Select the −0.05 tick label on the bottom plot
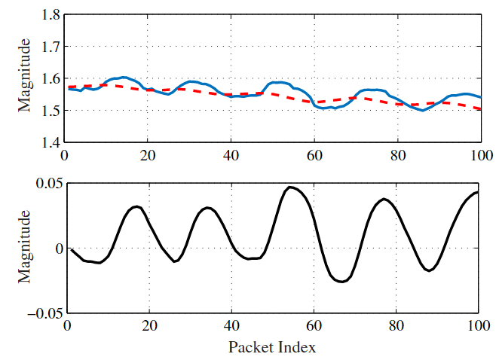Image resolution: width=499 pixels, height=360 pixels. coord(41,313)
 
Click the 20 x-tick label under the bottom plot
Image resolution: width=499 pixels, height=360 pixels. coord(149,326)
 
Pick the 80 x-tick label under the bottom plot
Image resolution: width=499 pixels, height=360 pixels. coord(395,326)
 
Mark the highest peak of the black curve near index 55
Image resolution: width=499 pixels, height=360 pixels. coord(289,187)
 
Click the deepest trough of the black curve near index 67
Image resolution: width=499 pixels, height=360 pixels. coord(341,282)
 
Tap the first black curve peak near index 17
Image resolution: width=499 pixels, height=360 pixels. coord(135,206)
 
